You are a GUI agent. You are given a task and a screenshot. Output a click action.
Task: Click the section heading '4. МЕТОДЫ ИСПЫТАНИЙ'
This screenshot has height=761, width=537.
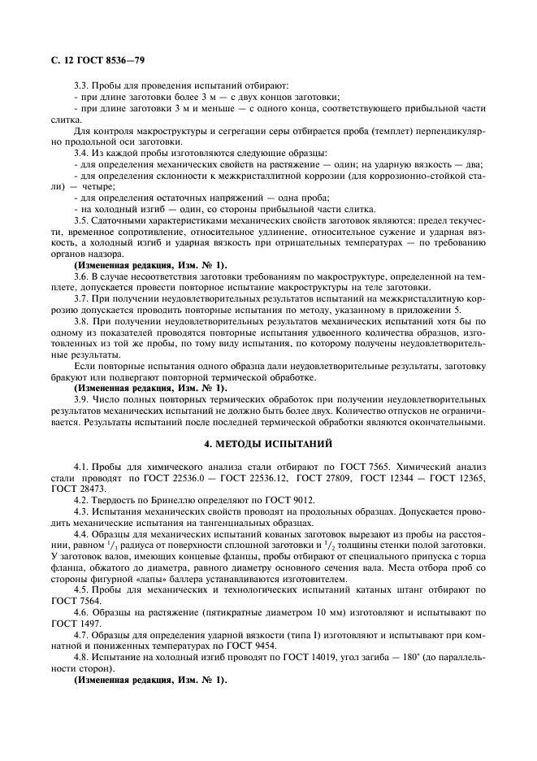tap(268, 443)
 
